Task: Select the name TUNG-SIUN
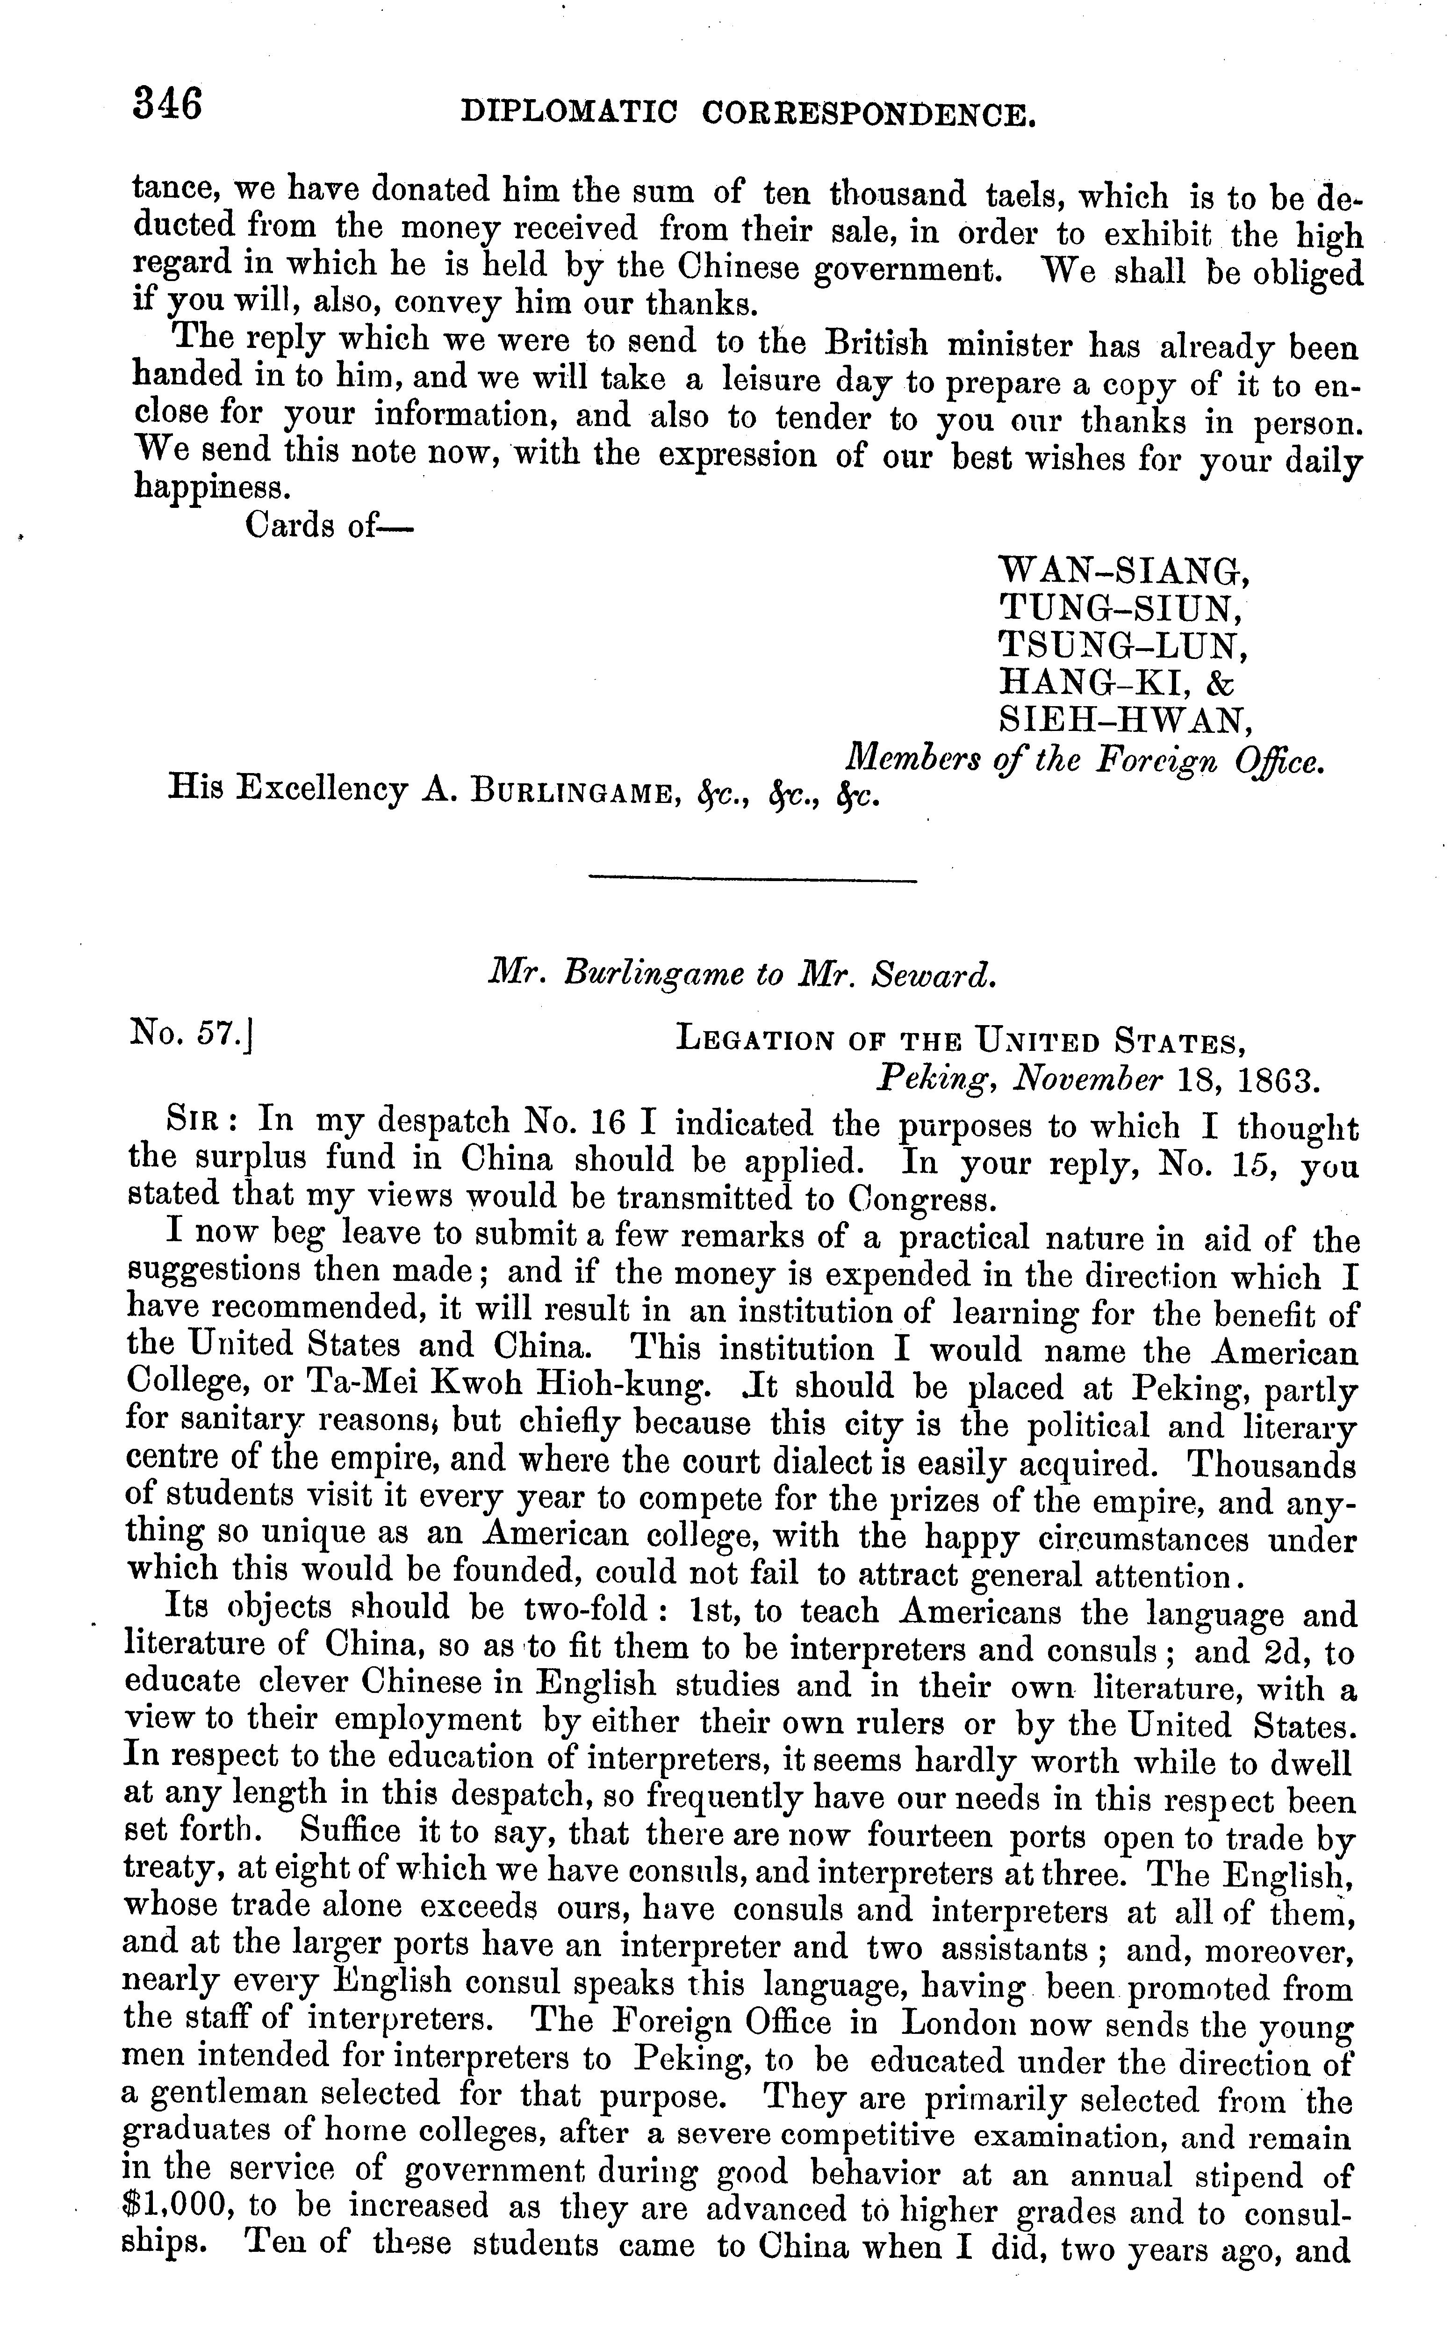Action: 1123,609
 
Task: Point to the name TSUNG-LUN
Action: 1123,645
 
